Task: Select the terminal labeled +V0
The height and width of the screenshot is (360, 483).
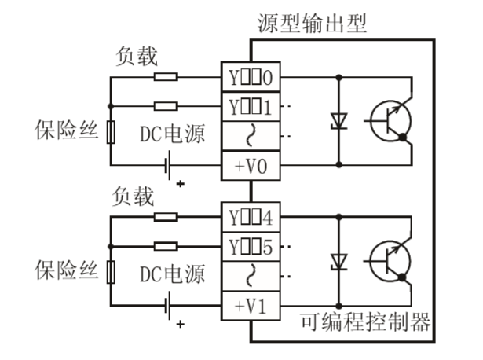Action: click(x=251, y=166)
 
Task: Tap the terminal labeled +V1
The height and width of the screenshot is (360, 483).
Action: click(x=251, y=304)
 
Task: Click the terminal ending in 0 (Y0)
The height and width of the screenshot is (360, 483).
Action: click(x=251, y=78)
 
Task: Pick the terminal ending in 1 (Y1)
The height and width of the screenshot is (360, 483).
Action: click(x=251, y=106)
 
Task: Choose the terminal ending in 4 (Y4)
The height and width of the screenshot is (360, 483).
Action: click(x=251, y=216)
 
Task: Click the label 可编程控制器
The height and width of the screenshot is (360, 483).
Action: click(x=366, y=322)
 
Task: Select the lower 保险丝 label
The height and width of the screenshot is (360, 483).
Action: click(x=66, y=271)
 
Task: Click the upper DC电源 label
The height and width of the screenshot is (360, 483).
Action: click(x=172, y=134)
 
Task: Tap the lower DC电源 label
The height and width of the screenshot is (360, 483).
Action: click(x=172, y=274)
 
